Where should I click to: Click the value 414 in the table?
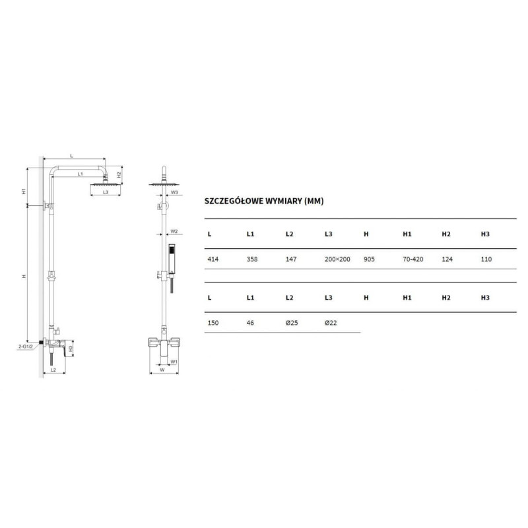tap(213, 259)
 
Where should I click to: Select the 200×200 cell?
tap(337, 259)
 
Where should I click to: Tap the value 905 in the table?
tap(369, 259)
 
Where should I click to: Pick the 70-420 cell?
tap(413, 259)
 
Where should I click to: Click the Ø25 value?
tap(292, 323)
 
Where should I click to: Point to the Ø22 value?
tap(331, 323)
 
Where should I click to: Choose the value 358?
tap(252, 259)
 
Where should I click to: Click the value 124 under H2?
tap(447, 259)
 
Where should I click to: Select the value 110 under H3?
tap(486, 259)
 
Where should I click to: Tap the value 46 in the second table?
tap(250, 323)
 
